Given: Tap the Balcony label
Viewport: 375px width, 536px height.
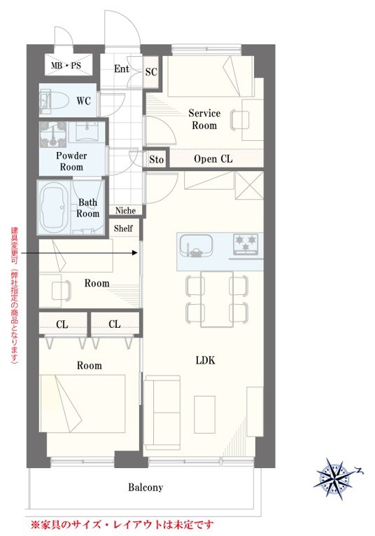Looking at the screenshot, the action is coord(146,487).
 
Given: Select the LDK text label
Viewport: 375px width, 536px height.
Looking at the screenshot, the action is coord(206,360).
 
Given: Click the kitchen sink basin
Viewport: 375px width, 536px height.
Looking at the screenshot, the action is coord(196,245).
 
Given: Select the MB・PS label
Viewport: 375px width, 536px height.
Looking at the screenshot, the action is coord(66,65).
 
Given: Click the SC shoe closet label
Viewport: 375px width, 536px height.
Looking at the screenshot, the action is coord(151,71).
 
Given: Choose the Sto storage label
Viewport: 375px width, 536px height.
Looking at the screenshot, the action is coord(156,159).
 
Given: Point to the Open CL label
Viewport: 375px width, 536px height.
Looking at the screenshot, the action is coord(213,158).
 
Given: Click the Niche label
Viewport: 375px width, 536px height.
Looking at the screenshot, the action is coord(125,211).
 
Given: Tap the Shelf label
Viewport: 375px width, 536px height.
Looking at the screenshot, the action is coord(123,228).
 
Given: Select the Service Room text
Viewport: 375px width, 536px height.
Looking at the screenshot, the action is coord(204,119).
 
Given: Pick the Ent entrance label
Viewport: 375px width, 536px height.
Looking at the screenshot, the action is coord(122,69).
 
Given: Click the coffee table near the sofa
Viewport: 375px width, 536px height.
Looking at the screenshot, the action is coord(205,414).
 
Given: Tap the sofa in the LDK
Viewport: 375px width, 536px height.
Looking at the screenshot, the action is coord(162,413).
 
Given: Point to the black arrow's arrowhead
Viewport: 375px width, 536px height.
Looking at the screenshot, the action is coord(135,253).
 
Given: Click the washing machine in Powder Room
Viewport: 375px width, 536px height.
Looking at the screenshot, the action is coord(53,132).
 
